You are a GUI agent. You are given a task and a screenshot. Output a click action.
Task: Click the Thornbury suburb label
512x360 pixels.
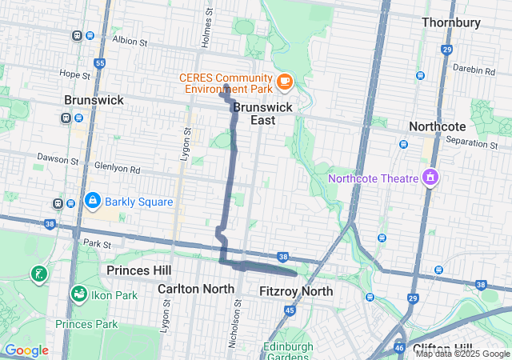tap(462, 22)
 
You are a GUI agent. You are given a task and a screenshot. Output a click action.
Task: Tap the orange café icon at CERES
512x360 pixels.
tap(284, 81)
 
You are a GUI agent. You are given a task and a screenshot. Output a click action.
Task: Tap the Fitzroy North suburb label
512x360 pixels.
tap(296, 291)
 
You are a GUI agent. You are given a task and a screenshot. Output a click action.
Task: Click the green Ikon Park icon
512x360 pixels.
tap(78, 294)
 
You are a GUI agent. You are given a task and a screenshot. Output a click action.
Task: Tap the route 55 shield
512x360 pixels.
tap(99, 63)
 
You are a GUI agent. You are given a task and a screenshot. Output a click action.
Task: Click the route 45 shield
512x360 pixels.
tap(290, 310)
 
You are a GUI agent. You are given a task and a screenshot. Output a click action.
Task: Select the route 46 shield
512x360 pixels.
tap(399, 349)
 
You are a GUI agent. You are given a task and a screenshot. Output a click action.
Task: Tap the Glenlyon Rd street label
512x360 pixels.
tap(117, 170)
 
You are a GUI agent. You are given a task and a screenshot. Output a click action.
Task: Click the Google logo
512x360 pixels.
tap(26, 350)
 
